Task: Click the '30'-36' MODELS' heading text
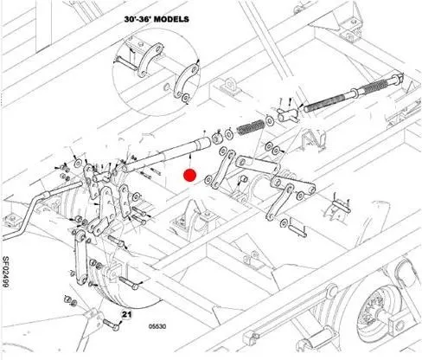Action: (x=157, y=19)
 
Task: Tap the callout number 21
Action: (x=126, y=314)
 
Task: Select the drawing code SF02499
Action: (x=5, y=272)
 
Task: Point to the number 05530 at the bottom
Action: (x=157, y=326)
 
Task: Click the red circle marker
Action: (x=190, y=176)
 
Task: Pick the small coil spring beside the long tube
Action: (x=251, y=127)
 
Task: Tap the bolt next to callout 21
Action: (x=111, y=325)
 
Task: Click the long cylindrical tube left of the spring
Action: (x=167, y=155)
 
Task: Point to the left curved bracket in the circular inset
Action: (x=150, y=61)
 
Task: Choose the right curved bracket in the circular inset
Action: (x=186, y=81)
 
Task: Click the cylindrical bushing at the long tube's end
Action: (x=218, y=138)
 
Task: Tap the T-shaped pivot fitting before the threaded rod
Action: (x=288, y=115)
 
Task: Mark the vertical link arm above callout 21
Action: (x=81, y=258)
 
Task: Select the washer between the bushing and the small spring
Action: (x=230, y=134)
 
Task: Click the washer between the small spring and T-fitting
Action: (x=270, y=120)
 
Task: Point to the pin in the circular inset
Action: (x=126, y=64)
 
